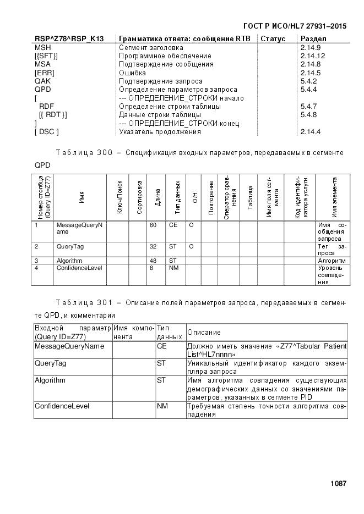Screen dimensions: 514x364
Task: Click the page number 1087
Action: click(x=338, y=484)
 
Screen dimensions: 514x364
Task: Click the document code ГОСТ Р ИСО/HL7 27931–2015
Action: click(x=295, y=26)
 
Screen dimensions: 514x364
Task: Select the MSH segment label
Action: click(x=42, y=47)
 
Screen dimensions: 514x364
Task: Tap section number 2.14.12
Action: click(x=313, y=56)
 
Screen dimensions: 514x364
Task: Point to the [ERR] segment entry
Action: click(x=44, y=73)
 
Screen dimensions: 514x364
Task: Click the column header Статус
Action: click(x=273, y=39)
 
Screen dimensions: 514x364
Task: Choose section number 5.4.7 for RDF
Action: click(x=308, y=106)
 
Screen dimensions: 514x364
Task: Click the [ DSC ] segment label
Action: click(x=47, y=132)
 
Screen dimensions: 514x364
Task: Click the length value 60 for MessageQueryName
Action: click(x=153, y=225)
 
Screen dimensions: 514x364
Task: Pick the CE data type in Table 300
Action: click(x=172, y=225)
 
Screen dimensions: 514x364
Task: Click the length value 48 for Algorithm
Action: click(x=153, y=260)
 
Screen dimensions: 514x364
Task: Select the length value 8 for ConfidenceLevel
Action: click(x=151, y=268)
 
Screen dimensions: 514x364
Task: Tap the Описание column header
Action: click(x=204, y=332)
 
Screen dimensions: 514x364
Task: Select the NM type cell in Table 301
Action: click(x=161, y=406)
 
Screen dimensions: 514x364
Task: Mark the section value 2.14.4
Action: click(x=311, y=132)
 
